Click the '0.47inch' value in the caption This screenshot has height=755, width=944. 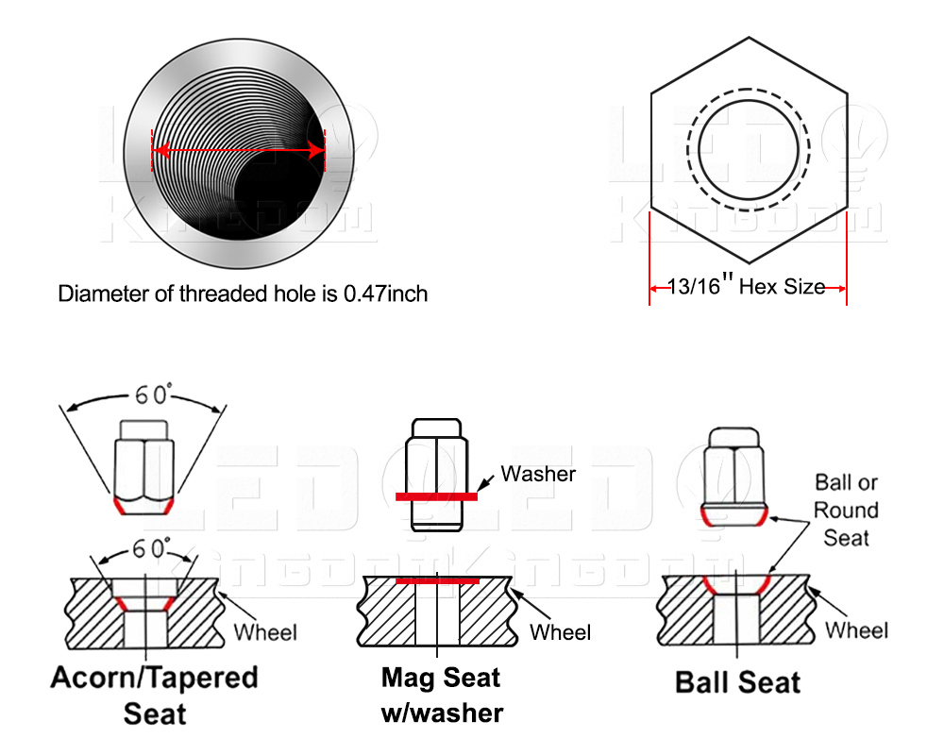tap(385, 294)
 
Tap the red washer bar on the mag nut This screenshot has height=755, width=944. tap(436, 495)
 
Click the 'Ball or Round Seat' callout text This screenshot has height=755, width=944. tap(847, 510)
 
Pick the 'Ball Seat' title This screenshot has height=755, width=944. tap(738, 682)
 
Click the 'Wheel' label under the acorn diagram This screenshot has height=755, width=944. tap(265, 631)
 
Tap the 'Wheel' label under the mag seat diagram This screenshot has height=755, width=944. tap(561, 631)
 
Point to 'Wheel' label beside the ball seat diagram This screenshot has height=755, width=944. tap(856, 629)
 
